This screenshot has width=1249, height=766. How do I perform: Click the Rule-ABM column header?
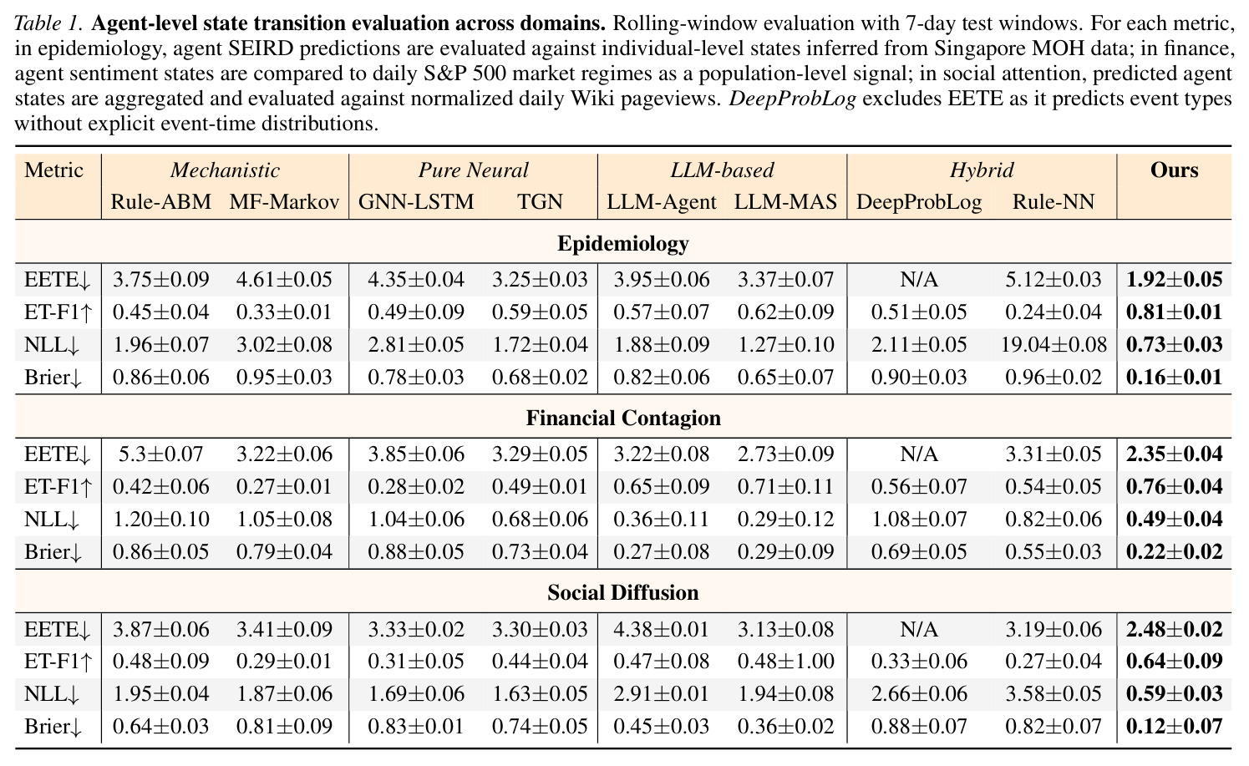[x=161, y=201]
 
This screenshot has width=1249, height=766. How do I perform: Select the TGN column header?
[x=540, y=201]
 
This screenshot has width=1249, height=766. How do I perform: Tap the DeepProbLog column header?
[x=919, y=202]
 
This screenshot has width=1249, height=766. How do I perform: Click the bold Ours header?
[x=1175, y=170]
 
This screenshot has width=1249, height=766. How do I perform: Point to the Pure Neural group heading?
[x=474, y=170]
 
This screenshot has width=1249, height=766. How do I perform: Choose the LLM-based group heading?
[x=722, y=170]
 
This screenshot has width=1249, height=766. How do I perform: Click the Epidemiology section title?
[x=623, y=244]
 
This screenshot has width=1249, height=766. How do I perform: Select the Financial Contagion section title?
[x=623, y=419]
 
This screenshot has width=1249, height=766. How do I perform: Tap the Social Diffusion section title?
[x=623, y=592]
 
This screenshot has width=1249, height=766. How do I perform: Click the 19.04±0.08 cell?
[x=1054, y=344]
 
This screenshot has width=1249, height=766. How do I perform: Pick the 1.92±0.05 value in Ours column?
[x=1175, y=279]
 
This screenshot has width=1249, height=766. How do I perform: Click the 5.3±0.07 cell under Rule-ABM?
[x=161, y=454]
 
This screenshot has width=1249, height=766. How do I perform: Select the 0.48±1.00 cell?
[x=785, y=662]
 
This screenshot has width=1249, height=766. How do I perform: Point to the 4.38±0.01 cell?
[x=662, y=629]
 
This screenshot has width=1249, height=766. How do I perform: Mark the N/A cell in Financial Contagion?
[x=919, y=454]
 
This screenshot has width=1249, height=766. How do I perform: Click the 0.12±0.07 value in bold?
[x=1175, y=727]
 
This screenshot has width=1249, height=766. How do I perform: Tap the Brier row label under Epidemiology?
[x=53, y=378]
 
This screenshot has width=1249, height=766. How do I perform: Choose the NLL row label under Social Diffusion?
[x=52, y=694]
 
